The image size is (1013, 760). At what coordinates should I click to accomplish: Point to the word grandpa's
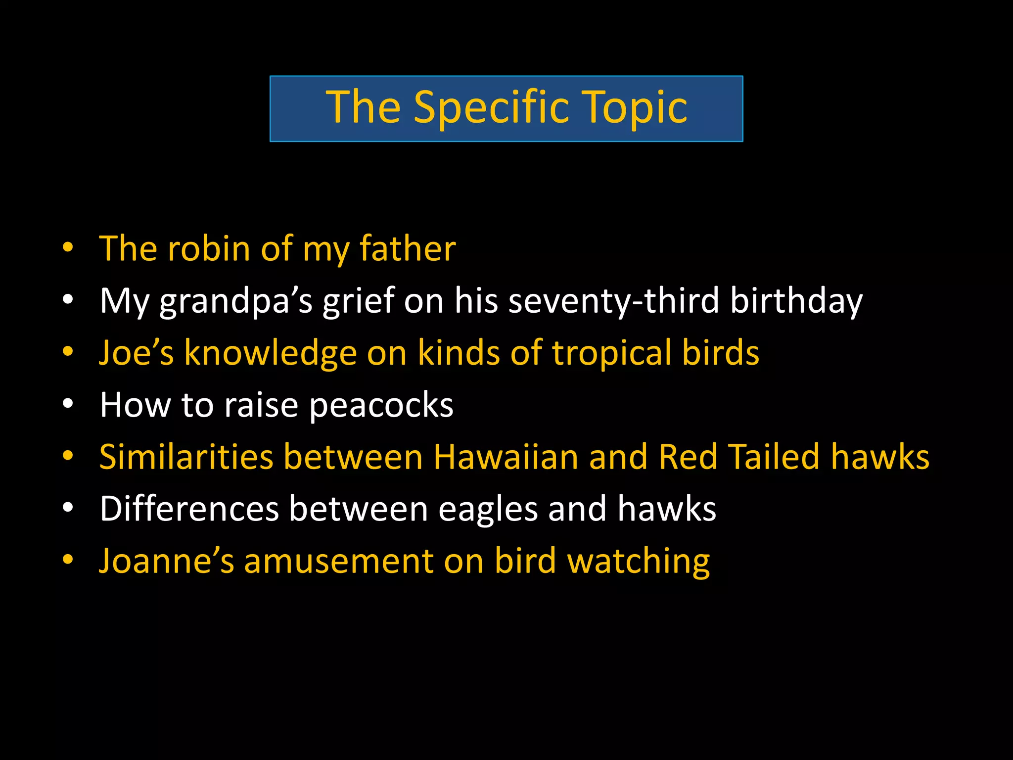tap(236, 301)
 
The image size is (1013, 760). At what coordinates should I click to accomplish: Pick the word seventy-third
tap(614, 301)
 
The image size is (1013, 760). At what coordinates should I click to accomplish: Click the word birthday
tap(796, 301)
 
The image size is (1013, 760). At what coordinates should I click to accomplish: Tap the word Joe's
tap(137, 353)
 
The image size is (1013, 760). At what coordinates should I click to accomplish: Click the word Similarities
tap(186, 457)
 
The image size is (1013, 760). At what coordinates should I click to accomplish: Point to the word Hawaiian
tap(506, 457)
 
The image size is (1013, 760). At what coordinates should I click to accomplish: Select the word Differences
tap(189, 509)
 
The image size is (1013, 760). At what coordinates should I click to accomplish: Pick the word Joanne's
tap(166, 561)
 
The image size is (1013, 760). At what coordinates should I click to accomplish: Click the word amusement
tap(339, 561)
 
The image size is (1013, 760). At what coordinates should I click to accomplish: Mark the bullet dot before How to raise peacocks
tap(68, 404)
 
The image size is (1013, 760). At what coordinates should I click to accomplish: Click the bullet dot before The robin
tap(68, 247)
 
